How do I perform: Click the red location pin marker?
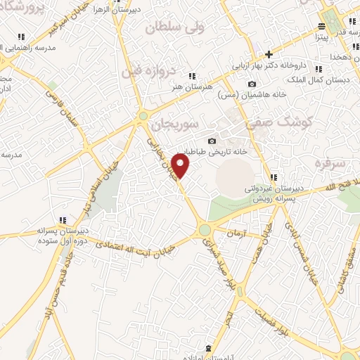coord(181,166)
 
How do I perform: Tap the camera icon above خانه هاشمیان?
coord(252,84)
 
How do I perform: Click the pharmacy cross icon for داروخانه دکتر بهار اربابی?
coord(269,54)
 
